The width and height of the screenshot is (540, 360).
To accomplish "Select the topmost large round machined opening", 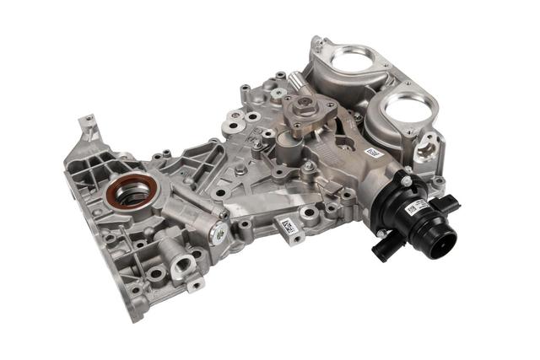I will [x=354, y=61].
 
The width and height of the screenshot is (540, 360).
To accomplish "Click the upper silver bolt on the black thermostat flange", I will [x=407, y=180].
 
